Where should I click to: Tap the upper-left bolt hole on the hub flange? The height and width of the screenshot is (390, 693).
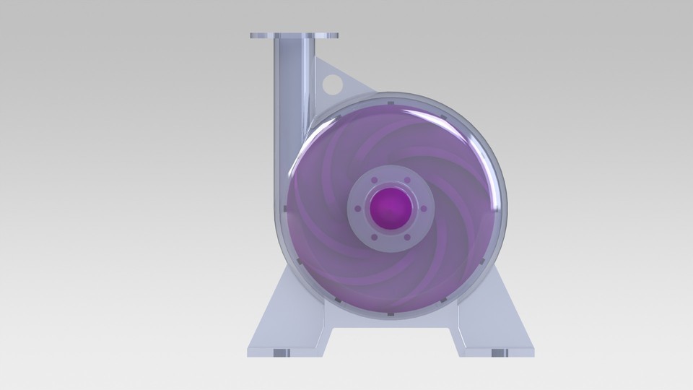click(x=375, y=181)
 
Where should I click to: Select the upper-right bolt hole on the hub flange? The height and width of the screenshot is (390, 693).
click(x=408, y=181)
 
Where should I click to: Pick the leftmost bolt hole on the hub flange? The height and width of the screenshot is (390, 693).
click(x=359, y=209)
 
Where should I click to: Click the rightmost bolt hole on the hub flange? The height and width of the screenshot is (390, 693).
click(x=424, y=209)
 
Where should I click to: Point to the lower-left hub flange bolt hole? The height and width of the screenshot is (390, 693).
click(x=375, y=238)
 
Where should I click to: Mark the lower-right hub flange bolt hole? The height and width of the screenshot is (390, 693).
click(x=408, y=238)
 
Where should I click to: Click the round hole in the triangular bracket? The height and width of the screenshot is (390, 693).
click(x=333, y=84)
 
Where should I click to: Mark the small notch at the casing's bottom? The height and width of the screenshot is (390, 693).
click(x=391, y=315)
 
